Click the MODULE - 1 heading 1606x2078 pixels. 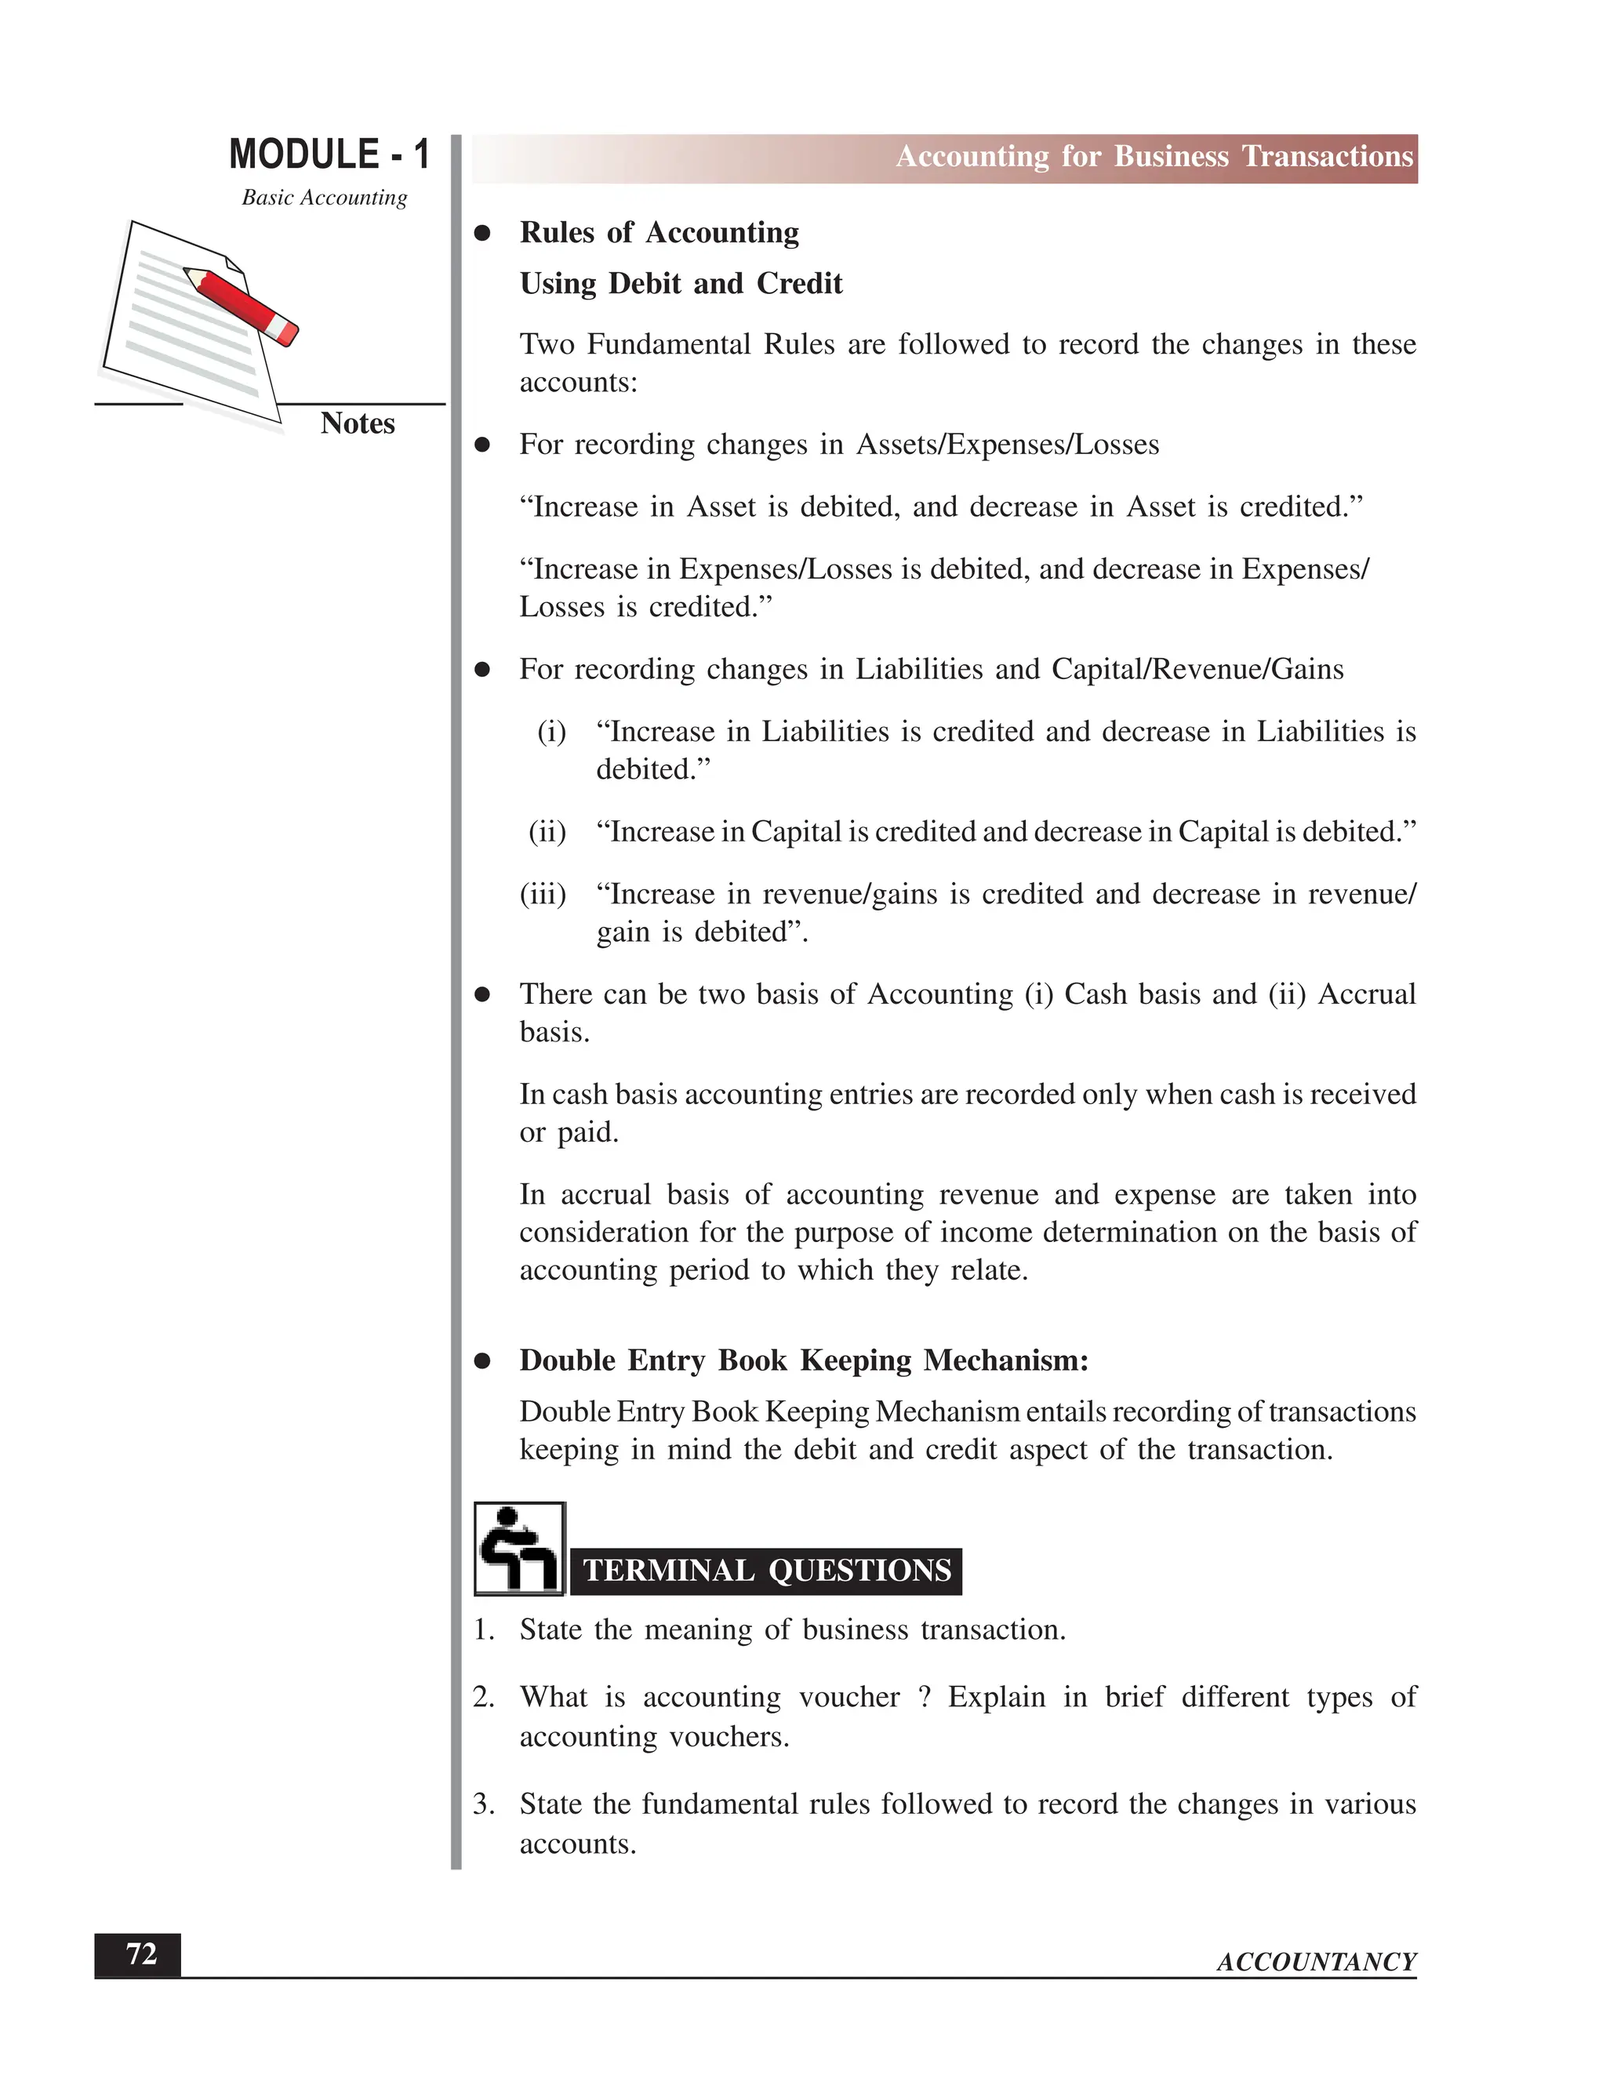click(x=329, y=154)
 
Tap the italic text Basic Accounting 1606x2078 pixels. click(x=325, y=197)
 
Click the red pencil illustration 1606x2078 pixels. click(x=242, y=305)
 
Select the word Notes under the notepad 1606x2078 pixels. click(x=357, y=423)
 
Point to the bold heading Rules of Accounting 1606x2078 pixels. click(x=659, y=232)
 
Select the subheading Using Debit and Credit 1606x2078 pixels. click(x=680, y=284)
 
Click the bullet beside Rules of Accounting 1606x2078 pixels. click(x=482, y=233)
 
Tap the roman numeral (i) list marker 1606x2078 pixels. click(x=552, y=731)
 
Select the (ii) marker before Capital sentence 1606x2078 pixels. click(x=548, y=831)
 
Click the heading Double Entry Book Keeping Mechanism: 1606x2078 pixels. click(x=803, y=1360)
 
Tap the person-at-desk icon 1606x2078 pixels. click(x=519, y=1548)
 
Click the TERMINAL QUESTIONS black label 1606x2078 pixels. click(x=767, y=1570)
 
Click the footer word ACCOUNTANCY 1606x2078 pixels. click(x=1316, y=1962)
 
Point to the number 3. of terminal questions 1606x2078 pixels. click(x=483, y=1804)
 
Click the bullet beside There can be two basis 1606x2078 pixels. click(x=482, y=994)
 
